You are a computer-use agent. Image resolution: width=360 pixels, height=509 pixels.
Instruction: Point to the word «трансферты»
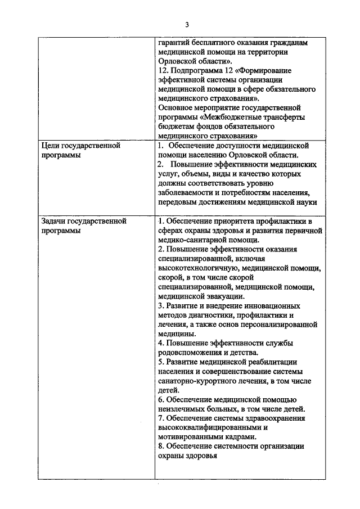285,117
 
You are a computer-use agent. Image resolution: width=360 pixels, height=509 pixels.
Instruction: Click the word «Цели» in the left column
51,146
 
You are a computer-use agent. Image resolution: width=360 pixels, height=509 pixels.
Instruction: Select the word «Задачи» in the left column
55,221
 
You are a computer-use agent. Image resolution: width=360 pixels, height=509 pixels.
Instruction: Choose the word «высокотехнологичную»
196,268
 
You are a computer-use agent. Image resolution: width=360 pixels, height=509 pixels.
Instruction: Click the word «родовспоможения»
191,353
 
